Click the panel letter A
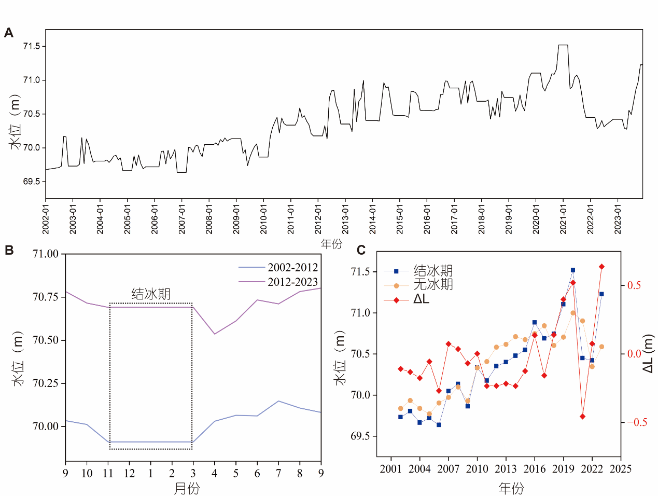(x=8, y=33)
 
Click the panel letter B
(x=9, y=250)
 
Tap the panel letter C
(x=361, y=250)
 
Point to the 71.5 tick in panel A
(x=32, y=46)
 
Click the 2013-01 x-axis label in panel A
(x=345, y=218)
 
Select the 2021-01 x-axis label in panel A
(x=563, y=218)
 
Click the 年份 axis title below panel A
(x=331, y=244)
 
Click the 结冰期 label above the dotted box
(x=151, y=294)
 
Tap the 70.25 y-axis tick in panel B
(x=46, y=383)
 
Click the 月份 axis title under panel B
(x=187, y=488)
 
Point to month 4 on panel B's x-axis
(x=214, y=473)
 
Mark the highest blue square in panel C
(x=573, y=270)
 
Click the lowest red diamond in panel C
(x=582, y=416)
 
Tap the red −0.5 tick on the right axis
(x=637, y=422)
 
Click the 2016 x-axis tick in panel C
(x=535, y=469)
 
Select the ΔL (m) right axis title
(x=648, y=353)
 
